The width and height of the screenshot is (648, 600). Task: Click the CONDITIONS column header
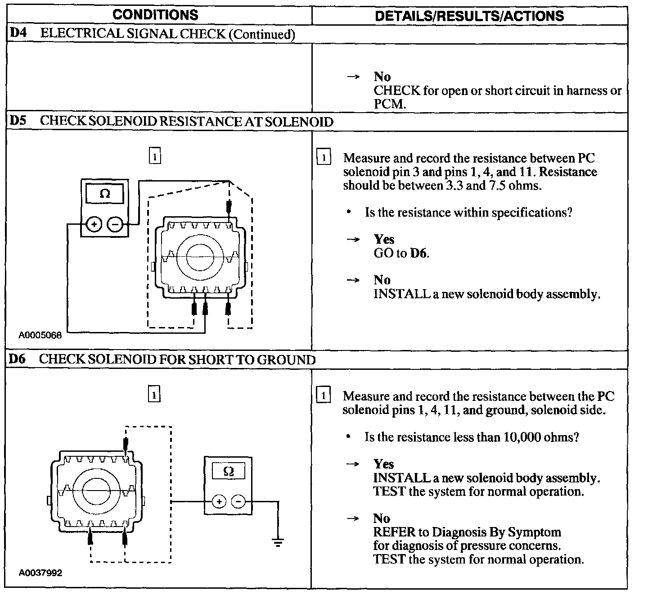[x=155, y=14]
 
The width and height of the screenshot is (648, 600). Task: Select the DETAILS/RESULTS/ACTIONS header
[x=469, y=16]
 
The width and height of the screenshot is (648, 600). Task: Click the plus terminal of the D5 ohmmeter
[x=94, y=224]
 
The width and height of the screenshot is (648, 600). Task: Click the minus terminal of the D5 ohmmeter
[x=116, y=224]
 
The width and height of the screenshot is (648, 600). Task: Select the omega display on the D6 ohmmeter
[x=229, y=472]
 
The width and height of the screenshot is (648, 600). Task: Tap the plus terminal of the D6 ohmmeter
[x=219, y=501]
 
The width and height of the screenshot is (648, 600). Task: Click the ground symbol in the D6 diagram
[x=278, y=541]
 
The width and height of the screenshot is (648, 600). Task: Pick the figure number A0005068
[x=40, y=336]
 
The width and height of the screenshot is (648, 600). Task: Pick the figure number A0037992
[x=40, y=573]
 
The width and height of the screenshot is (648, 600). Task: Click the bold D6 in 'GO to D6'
[x=418, y=253]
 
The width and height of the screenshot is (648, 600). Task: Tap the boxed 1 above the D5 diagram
[x=154, y=157]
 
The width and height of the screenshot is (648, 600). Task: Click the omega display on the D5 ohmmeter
[x=105, y=194]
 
